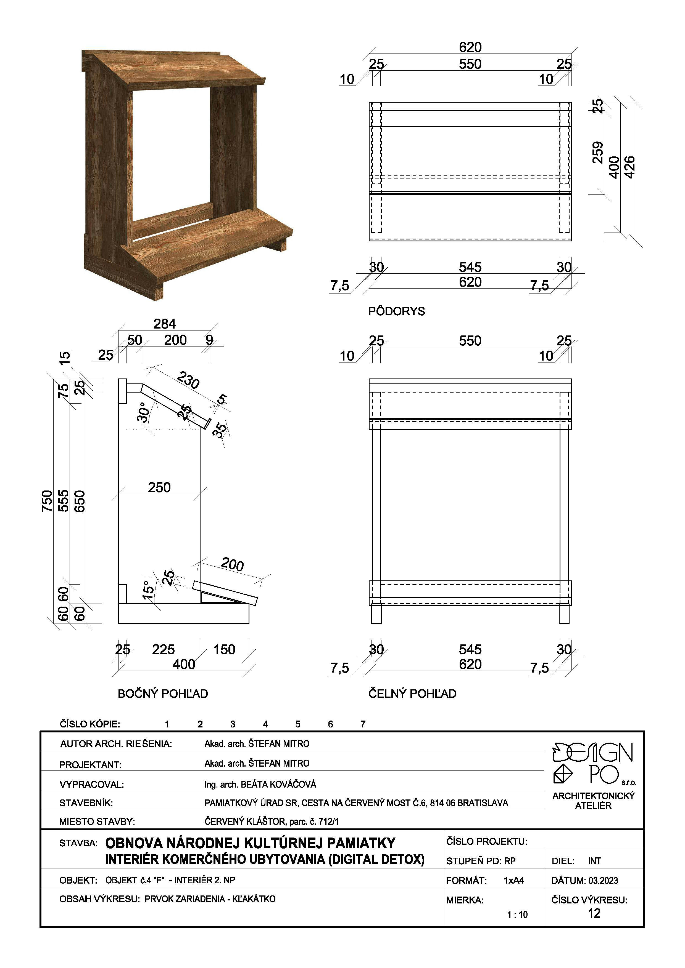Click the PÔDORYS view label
click(396, 311)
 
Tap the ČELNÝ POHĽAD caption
click(412, 694)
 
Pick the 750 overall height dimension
click(47, 501)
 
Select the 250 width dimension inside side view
click(159, 487)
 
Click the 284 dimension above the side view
click(165, 324)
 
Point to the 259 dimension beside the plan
click(598, 152)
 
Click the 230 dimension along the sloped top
click(188, 380)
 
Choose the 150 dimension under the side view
click(224, 649)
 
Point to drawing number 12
click(594, 913)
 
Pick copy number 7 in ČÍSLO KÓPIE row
click(363, 724)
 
